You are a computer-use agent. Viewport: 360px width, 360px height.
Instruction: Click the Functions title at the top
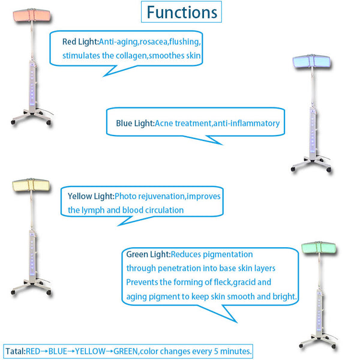click(181, 12)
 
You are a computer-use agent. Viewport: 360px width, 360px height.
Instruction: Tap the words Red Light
click(80, 41)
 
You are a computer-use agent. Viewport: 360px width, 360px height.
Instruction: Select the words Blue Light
click(135, 124)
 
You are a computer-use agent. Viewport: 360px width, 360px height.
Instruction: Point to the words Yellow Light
click(91, 196)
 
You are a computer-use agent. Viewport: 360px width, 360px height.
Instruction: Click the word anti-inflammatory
click(246, 124)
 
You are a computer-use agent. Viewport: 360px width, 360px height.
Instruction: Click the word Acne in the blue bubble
click(166, 124)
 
